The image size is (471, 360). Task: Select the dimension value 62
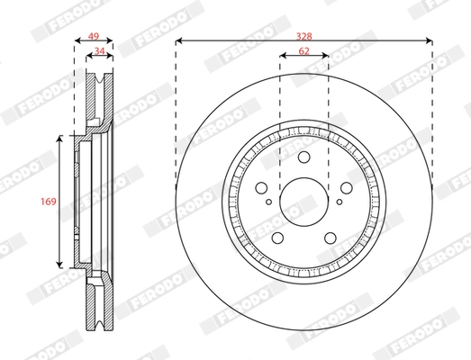[304, 51]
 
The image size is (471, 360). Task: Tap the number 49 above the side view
[91, 37]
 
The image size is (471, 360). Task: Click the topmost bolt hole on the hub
[304, 159]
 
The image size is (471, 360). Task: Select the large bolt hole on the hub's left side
[262, 190]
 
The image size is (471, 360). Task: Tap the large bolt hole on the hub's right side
[347, 190]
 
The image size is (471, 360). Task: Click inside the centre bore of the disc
[304, 203]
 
